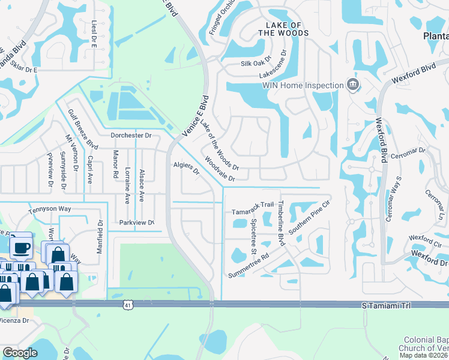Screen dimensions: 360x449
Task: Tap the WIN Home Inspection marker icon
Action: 354,84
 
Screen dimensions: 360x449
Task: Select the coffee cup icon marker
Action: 22,245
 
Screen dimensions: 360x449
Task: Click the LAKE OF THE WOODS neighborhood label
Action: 283,28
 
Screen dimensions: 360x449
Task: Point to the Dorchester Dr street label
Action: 131,136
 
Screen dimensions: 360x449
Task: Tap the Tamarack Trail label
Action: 253,212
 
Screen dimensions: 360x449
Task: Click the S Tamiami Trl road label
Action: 386,306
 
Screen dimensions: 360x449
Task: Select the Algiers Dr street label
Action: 186,168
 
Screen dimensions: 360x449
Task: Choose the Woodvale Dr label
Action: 218,169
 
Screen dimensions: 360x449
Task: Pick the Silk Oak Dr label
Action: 256,63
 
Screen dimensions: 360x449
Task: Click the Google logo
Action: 20,353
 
